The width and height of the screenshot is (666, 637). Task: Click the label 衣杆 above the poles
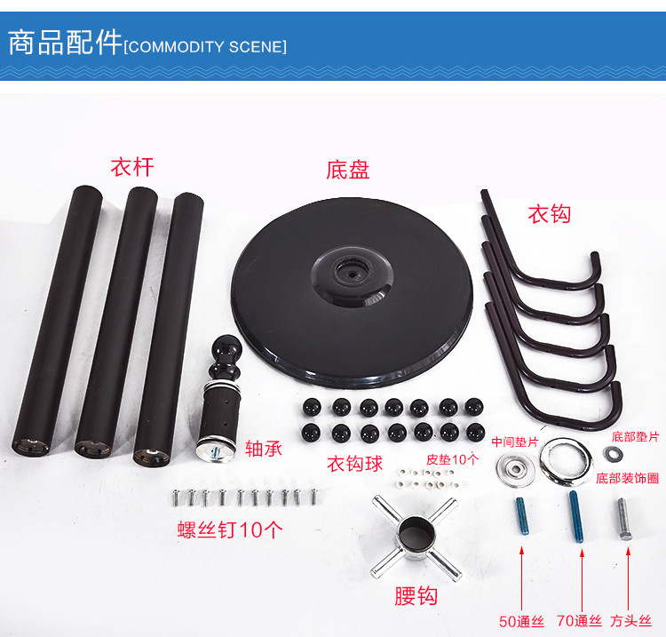click(131, 166)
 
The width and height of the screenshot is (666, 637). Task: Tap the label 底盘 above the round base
click(348, 169)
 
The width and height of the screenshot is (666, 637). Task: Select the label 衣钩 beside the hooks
click(549, 213)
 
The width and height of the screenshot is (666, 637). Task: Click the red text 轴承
click(263, 449)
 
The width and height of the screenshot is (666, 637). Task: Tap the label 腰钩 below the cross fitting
click(416, 595)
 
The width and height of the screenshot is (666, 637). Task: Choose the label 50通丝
click(522, 621)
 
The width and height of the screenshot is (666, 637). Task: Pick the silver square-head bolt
click(623, 519)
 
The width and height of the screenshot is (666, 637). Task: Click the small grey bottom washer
click(614, 454)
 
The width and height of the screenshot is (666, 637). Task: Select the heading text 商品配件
click(65, 43)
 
